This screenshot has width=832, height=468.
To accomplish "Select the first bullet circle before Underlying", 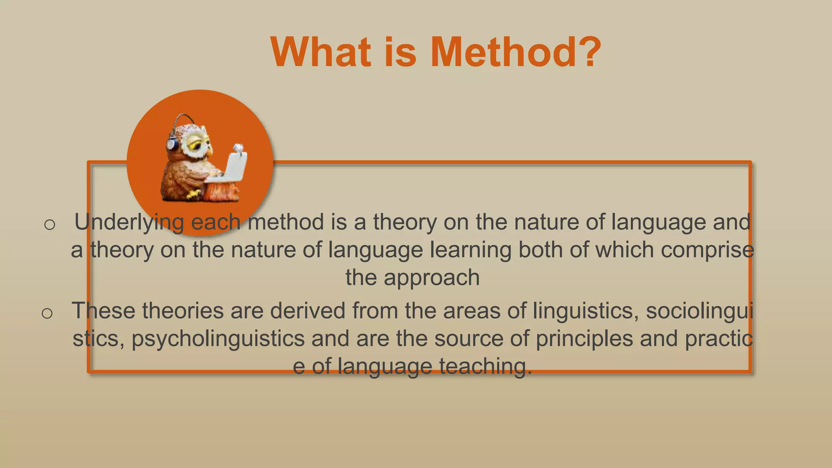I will (x=50, y=224).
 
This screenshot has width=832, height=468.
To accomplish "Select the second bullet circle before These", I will (x=47, y=313).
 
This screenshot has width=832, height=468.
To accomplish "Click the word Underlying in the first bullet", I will (x=129, y=223).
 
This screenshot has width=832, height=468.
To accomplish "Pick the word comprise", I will (x=707, y=250).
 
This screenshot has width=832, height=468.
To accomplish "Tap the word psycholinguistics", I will (x=218, y=339).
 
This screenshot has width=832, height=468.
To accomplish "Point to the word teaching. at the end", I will (x=485, y=367).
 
